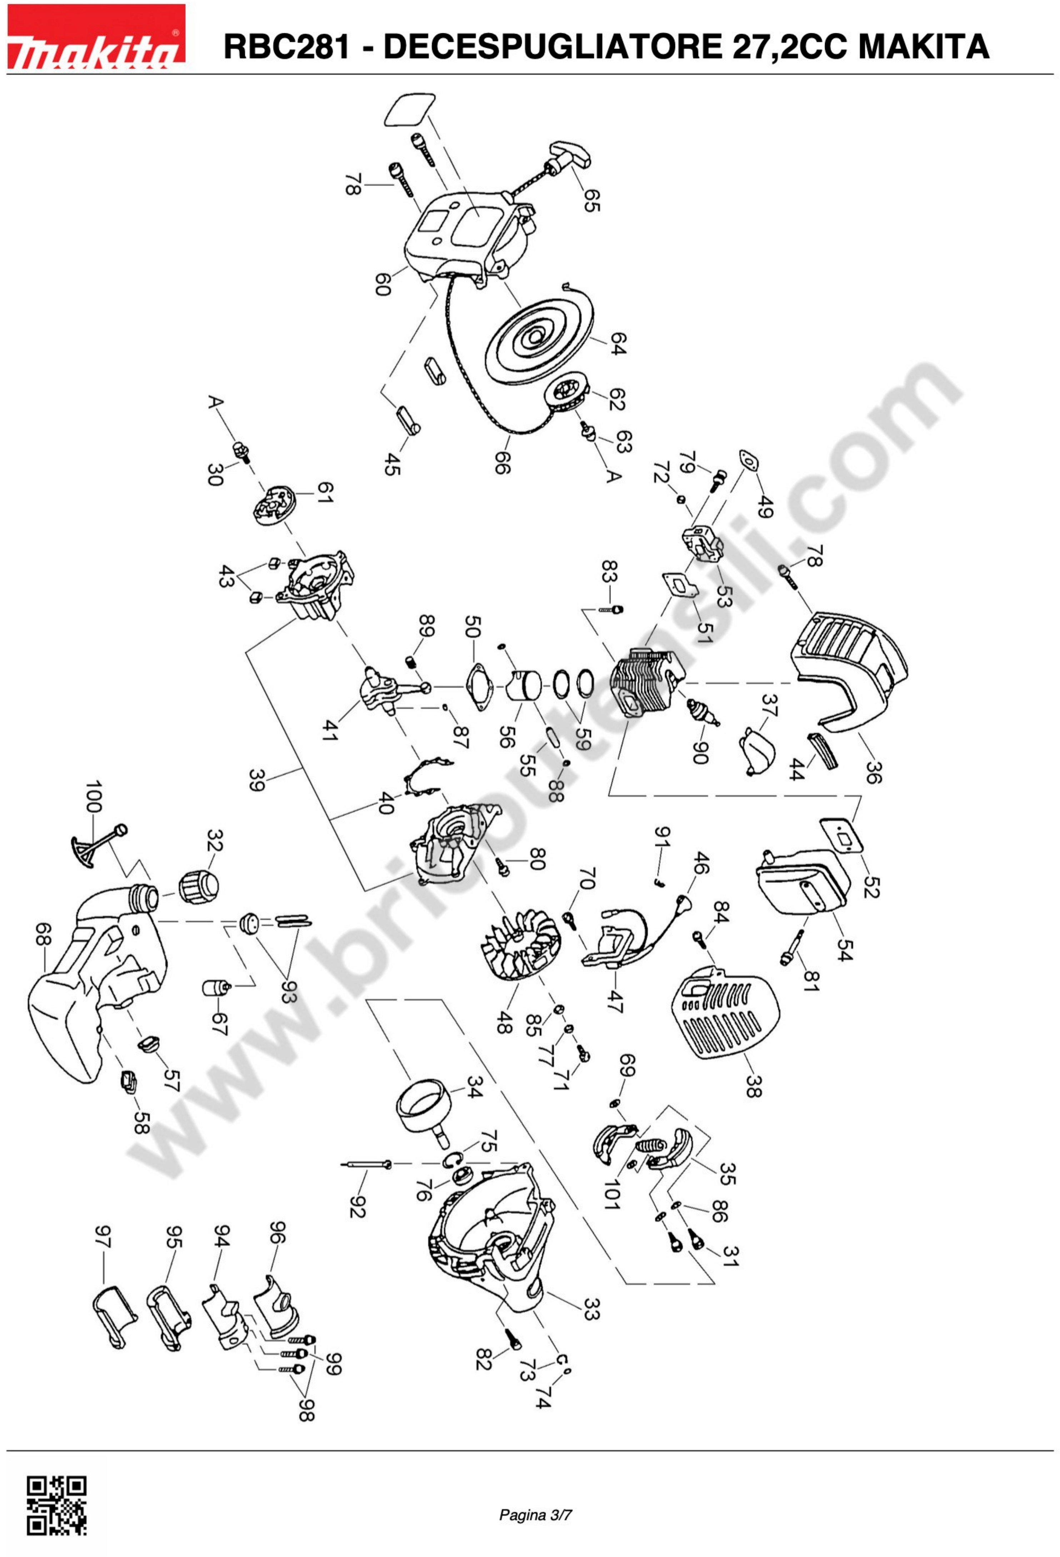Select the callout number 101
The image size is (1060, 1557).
click(x=610, y=1195)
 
